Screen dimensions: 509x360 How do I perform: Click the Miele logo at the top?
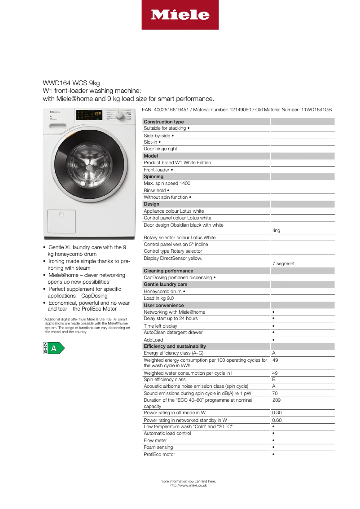click(180, 15)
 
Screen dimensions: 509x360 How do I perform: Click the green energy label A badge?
click(53, 348)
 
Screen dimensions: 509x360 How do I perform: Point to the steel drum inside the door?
click(88, 169)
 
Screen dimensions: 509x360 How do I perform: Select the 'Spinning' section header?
click(154, 177)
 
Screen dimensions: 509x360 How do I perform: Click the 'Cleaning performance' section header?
click(168, 271)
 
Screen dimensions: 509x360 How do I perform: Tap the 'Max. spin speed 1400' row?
click(167, 184)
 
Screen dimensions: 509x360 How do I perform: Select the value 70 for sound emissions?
click(275, 393)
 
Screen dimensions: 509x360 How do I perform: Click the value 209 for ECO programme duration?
click(277, 400)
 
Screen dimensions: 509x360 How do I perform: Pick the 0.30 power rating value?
click(277, 412)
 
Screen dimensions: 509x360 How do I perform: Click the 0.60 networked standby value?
click(277, 421)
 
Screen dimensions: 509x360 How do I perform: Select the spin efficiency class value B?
click(274, 380)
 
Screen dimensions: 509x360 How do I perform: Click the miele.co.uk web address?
click(189, 485)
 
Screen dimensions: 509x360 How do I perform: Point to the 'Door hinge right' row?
click(160, 149)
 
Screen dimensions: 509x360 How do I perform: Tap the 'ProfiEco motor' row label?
click(159, 455)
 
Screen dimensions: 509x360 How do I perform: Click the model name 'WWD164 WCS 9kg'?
click(71, 83)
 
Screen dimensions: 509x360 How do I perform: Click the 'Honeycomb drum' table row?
click(165, 292)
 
